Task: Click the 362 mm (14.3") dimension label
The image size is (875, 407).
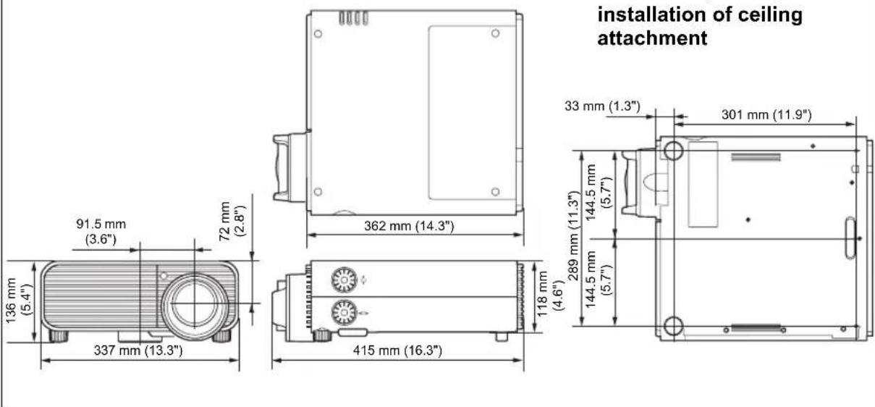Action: (x=409, y=226)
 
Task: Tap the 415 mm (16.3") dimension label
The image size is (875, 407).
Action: (x=397, y=350)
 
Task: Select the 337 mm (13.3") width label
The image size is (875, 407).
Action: (x=138, y=350)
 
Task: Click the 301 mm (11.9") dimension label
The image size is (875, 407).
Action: (x=766, y=114)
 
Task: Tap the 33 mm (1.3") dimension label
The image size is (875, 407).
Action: (x=602, y=106)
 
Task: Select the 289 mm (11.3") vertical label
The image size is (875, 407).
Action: (x=572, y=236)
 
